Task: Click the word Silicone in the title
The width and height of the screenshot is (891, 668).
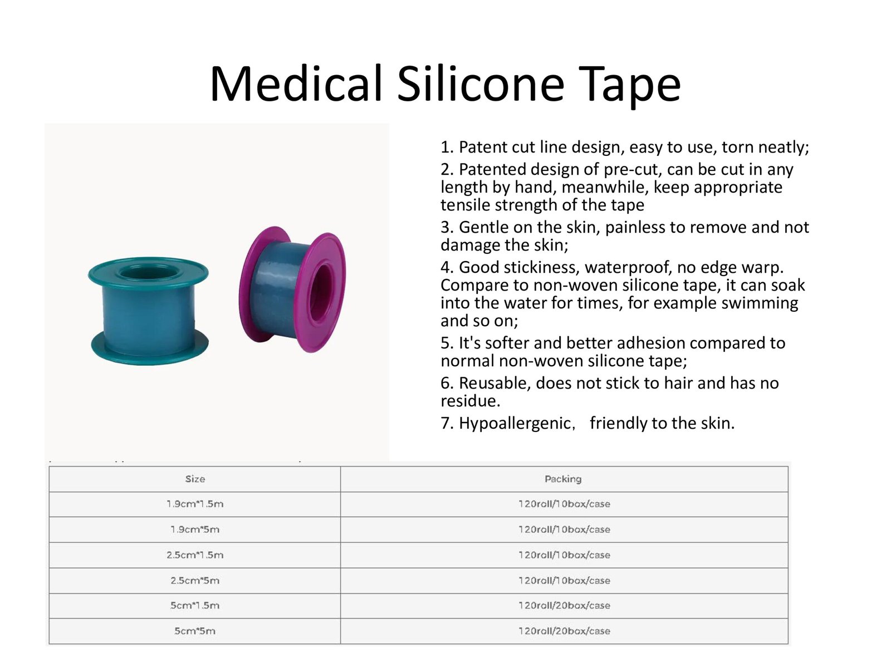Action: coord(481,85)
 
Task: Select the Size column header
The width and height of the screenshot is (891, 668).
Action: coord(195,479)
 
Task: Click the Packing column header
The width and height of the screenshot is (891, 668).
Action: coord(563,479)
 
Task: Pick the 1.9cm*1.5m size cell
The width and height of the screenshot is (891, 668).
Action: coord(195,504)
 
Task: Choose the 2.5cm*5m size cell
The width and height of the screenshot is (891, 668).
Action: coord(195,581)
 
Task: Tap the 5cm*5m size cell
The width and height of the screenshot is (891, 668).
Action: coord(195,631)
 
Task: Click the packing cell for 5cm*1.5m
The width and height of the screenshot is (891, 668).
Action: coord(564,606)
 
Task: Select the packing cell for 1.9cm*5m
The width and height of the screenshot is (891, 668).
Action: coord(564,529)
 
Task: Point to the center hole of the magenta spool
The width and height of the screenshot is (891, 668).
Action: coord(321,292)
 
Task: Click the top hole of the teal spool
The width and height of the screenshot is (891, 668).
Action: coord(149,273)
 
